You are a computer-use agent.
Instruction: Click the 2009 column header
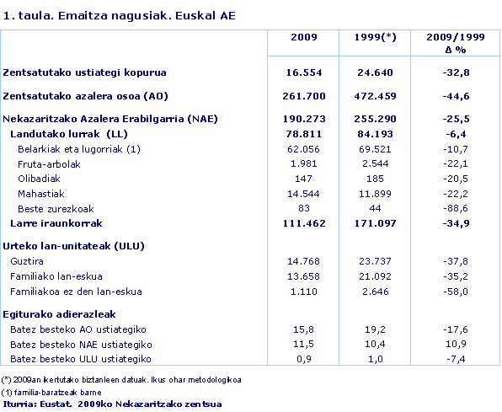(x=303, y=39)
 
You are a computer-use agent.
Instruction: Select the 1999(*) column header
(x=376, y=39)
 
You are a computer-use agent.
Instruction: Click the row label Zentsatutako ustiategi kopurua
(x=84, y=73)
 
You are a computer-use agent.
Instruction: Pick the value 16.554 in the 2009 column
(x=303, y=73)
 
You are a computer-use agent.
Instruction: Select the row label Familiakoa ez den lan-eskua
(x=76, y=292)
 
